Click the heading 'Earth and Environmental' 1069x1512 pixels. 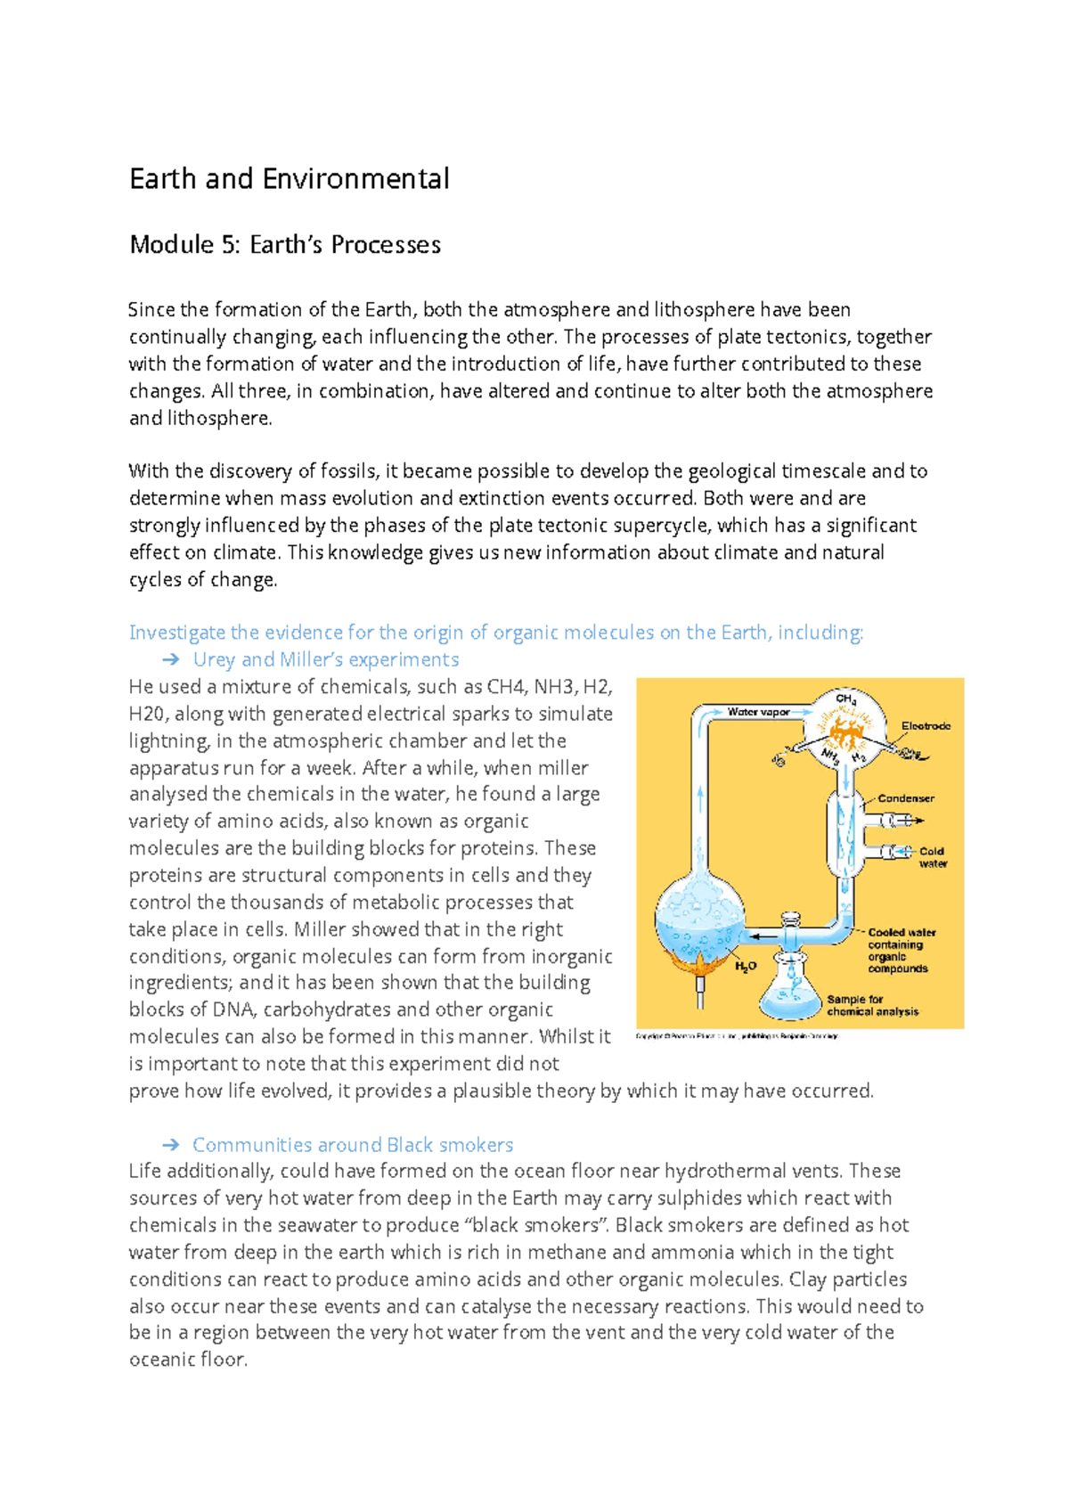click(290, 179)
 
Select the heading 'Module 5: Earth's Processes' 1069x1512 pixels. click(285, 245)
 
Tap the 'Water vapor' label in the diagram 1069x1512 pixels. click(758, 712)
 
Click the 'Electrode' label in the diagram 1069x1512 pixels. click(926, 726)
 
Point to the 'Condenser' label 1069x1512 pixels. click(906, 798)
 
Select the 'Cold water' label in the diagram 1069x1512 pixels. click(932, 857)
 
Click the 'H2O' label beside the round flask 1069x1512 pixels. click(746, 966)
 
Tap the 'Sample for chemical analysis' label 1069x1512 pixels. click(871, 1006)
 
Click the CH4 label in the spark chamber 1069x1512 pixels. click(845, 699)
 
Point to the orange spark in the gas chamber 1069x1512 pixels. click(842, 731)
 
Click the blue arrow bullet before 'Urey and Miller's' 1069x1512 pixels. click(171, 660)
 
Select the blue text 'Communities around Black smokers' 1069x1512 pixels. click(353, 1145)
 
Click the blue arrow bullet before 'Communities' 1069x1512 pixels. click(171, 1145)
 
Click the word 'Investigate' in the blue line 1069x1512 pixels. click(176, 633)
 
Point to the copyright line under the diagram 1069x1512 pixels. click(738, 1036)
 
